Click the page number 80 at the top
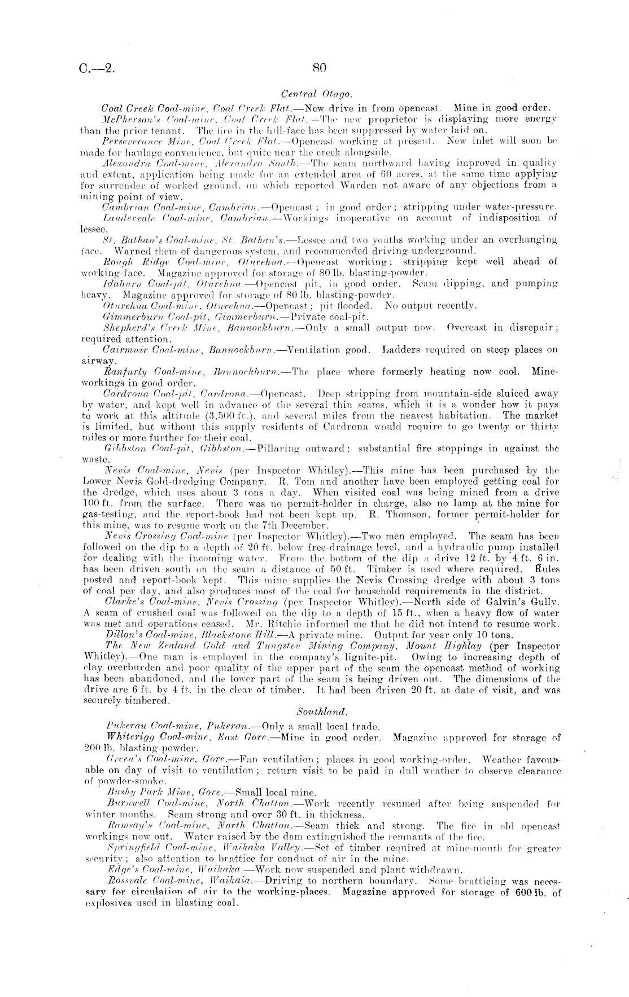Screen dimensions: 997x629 (x=319, y=68)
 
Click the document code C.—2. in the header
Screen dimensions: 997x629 (x=97, y=69)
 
